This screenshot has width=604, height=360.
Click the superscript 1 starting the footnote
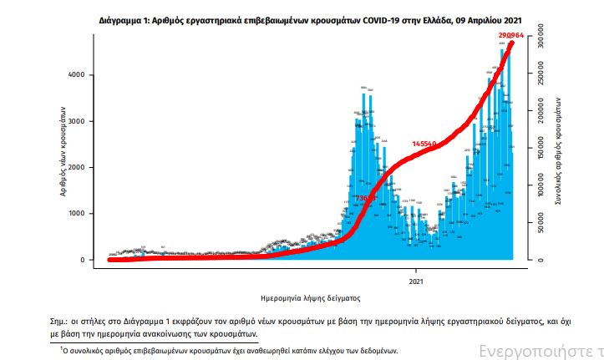click(63, 348)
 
